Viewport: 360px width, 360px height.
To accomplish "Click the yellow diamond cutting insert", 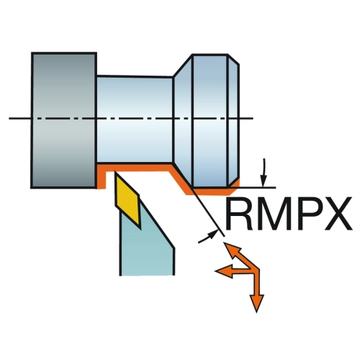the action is pyautogui.click(x=127, y=199).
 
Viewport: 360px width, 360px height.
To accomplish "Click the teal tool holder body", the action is pyautogui.click(x=146, y=247).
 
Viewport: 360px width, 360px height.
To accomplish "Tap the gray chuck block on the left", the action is pyautogui.click(x=64, y=120).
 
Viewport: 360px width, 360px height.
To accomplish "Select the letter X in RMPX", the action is pyautogui.click(x=337, y=215).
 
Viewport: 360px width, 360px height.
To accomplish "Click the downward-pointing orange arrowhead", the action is pyautogui.click(x=256, y=303).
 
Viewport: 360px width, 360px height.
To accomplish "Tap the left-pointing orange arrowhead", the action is pyautogui.click(x=224, y=271).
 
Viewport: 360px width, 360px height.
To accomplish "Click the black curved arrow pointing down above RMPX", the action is pyautogui.click(x=264, y=172).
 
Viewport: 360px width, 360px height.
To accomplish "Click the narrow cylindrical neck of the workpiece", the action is pyautogui.click(x=135, y=120).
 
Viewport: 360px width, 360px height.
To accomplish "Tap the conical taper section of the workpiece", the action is pyautogui.click(x=183, y=120).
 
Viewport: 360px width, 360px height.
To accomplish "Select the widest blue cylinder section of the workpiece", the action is pyautogui.click(x=210, y=120).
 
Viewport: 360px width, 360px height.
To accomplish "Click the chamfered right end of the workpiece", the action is pyautogui.click(x=234, y=120).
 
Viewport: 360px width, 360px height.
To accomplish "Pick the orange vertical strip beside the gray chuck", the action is pyautogui.click(x=101, y=176).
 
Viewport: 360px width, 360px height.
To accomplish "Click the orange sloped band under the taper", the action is pyautogui.click(x=180, y=179).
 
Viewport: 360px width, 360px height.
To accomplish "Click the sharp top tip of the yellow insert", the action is pyautogui.click(x=115, y=171).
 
